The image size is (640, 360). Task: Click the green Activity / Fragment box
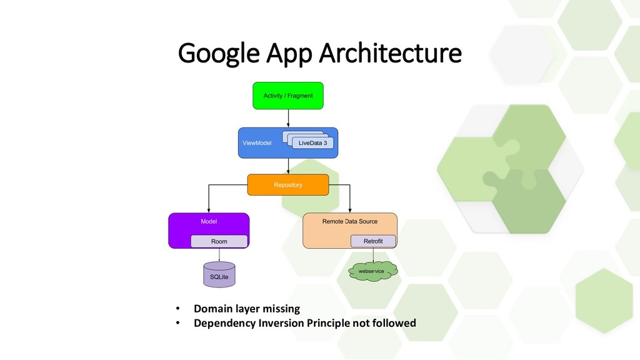point(288,96)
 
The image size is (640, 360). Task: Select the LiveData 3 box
point(312,143)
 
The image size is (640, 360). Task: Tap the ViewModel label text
point(257,143)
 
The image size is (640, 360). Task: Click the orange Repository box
point(288,185)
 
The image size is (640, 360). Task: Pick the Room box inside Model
point(219,241)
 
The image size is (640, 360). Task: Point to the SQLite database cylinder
point(219,275)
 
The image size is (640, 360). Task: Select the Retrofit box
point(373,241)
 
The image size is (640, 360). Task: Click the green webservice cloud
point(373,271)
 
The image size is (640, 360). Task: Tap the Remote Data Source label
point(349,222)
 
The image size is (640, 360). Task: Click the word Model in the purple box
point(209,222)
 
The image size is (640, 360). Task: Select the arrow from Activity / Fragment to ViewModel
point(288,118)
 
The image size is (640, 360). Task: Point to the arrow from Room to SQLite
point(219,255)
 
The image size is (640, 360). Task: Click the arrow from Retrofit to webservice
point(373,255)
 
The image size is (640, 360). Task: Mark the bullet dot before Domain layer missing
point(177,309)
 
